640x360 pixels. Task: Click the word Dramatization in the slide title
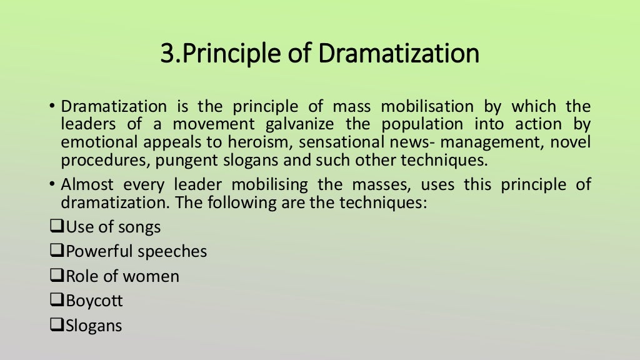398,54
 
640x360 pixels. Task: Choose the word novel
570,142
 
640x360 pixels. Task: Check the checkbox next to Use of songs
56,227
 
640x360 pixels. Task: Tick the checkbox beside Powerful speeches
56,252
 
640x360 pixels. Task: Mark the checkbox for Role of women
56,276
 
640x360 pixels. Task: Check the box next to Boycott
56,301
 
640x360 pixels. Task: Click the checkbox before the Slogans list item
56,326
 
